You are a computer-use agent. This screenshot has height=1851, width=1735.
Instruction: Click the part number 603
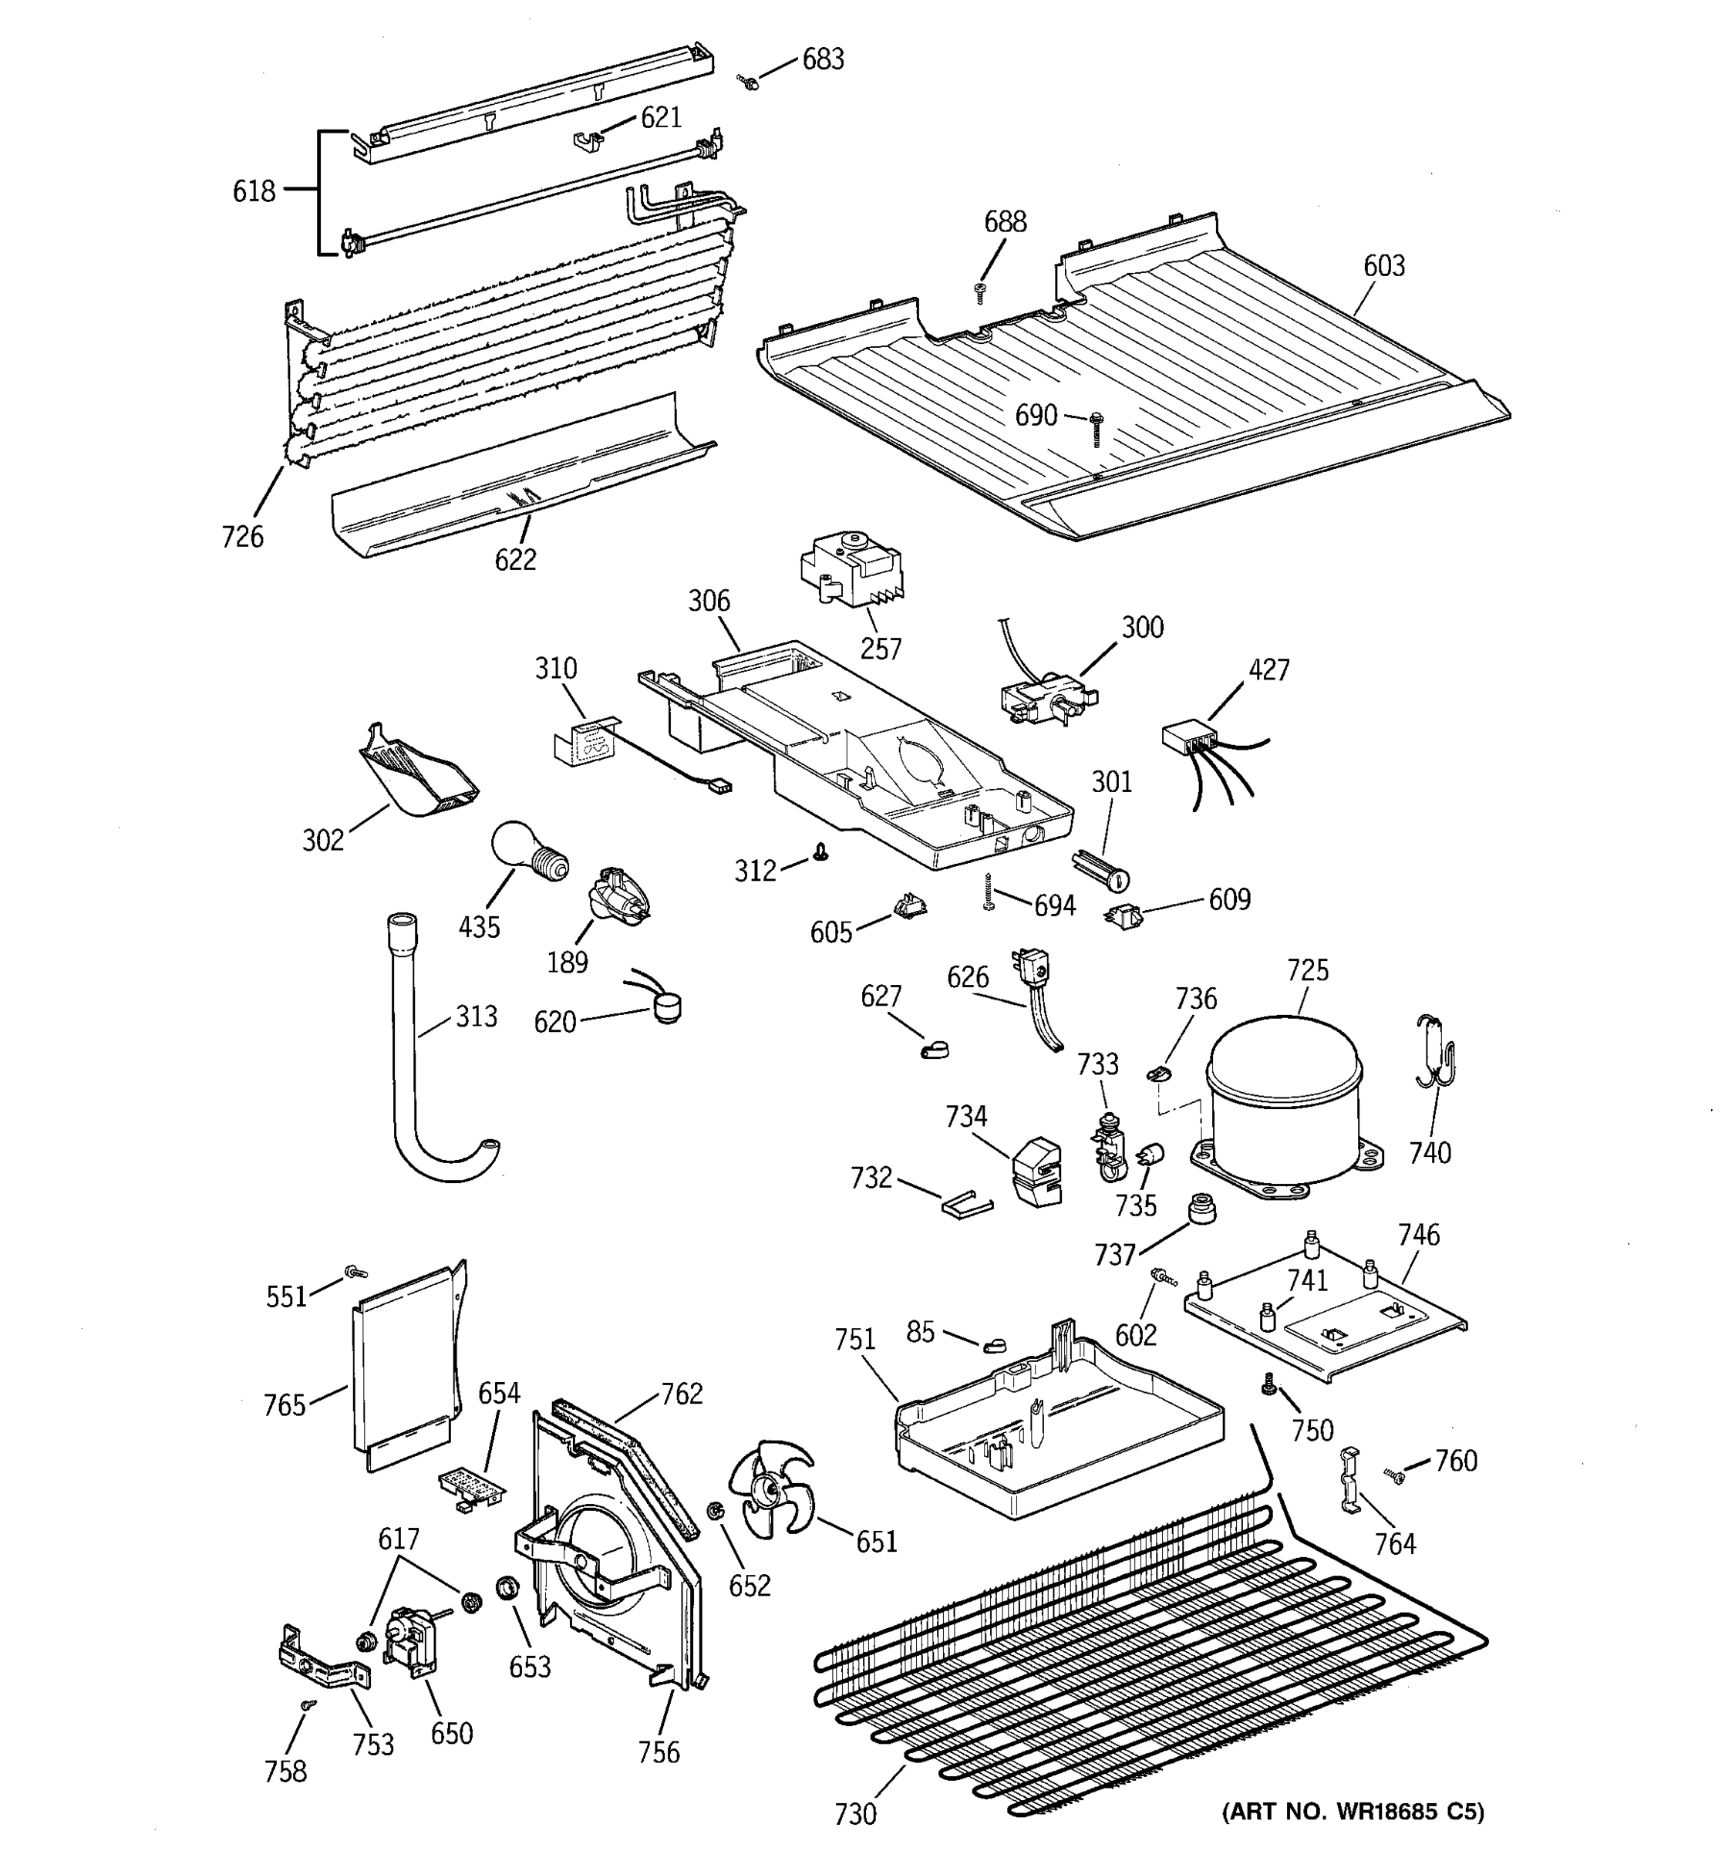coord(1383,266)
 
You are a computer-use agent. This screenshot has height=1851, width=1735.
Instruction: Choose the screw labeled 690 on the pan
coord(1097,428)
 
